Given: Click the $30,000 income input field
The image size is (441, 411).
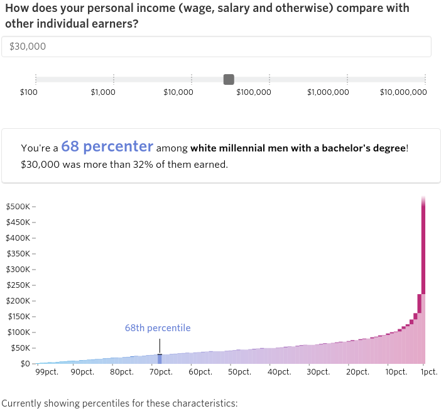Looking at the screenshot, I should tap(216, 47).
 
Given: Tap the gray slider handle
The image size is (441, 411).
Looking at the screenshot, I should tap(229, 79).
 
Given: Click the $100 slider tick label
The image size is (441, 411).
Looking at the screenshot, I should tap(29, 92).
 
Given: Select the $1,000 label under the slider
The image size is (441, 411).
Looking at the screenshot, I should tap(103, 92).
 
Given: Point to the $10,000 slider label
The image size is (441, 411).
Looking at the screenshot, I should tap(178, 92).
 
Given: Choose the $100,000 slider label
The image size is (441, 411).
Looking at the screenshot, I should tap(254, 92).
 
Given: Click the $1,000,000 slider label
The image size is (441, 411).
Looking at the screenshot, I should tap(328, 92).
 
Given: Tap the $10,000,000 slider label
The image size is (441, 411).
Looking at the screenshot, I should tap(403, 92).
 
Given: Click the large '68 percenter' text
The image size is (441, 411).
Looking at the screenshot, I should tap(107, 146).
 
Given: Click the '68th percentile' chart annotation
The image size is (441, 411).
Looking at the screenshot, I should tap(158, 328).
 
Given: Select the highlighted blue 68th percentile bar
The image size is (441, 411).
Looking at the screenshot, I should tap(160, 359).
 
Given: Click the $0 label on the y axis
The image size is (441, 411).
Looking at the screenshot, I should tap(25, 364).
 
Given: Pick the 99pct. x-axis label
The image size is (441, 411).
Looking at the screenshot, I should tap(46, 372).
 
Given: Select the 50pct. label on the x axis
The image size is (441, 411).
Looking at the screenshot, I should tap(239, 372).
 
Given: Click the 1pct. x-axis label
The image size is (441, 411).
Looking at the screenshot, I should tap(428, 372).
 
